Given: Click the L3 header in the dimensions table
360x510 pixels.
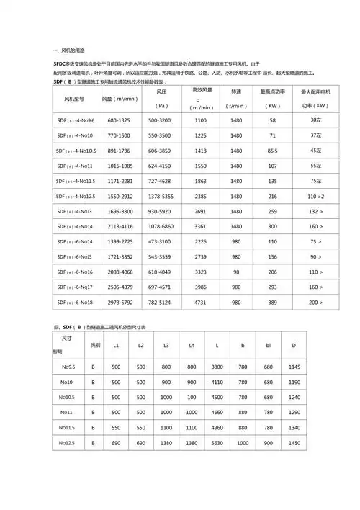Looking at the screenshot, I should [x=166, y=346].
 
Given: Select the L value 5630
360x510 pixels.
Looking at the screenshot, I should [x=217, y=442].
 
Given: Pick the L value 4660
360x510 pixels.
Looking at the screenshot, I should [x=217, y=412].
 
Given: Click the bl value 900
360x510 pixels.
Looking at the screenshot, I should [x=269, y=442].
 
